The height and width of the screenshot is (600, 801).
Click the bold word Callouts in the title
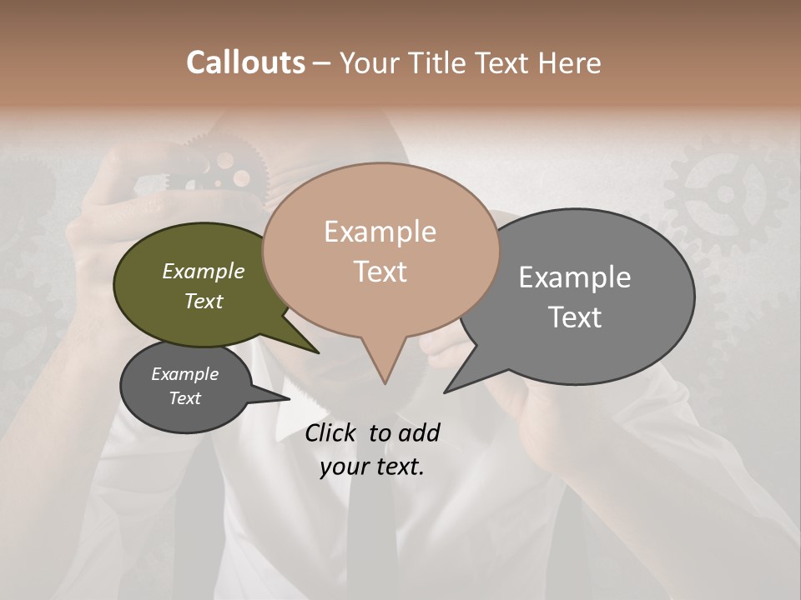(245, 62)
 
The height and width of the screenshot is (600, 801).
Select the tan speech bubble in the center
(380, 250)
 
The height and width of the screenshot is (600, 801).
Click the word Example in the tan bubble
(380, 232)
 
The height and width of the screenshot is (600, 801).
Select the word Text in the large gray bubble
(575, 317)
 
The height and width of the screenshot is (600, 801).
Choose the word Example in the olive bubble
(203, 272)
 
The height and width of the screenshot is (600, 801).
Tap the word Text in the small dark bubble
(185, 398)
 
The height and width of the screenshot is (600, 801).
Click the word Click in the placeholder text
(331, 432)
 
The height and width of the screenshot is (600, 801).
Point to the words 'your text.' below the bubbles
(372, 467)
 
